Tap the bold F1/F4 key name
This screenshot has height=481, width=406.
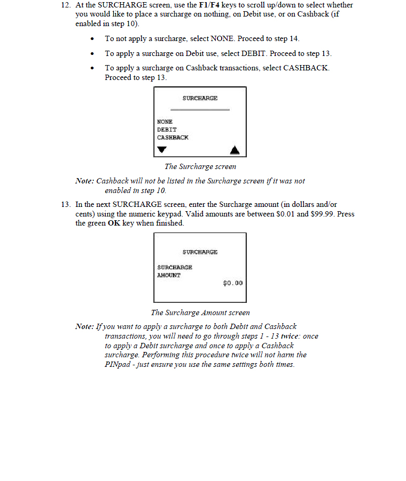click(x=209, y=5)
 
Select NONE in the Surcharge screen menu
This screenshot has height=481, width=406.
click(x=165, y=122)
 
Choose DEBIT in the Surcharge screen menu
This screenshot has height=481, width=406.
click(x=167, y=130)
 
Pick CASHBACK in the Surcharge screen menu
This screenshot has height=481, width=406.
click(x=173, y=138)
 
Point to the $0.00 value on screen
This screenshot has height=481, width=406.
click(x=233, y=283)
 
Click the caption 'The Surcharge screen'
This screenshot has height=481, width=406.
click(x=200, y=166)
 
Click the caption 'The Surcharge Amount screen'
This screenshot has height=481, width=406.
click(x=200, y=312)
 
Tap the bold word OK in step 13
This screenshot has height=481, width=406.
click(x=114, y=223)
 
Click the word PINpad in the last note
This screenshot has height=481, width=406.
click(x=118, y=365)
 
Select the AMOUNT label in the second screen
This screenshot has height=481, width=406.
click(x=169, y=275)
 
